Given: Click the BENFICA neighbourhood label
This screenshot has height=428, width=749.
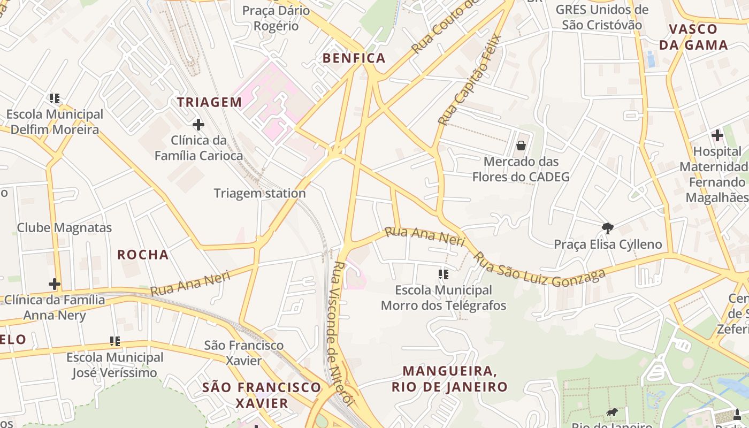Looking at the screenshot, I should click(x=354, y=58).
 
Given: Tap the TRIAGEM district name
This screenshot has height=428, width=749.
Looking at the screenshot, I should click(x=210, y=102).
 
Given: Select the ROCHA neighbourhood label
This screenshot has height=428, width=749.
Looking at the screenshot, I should click(x=143, y=255).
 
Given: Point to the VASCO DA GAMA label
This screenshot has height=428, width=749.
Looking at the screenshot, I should click(x=693, y=37).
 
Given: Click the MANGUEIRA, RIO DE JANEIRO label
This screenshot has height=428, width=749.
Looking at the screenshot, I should click(x=449, y=379).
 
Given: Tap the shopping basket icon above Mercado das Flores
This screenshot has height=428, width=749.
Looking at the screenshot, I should click(x=521, y=146).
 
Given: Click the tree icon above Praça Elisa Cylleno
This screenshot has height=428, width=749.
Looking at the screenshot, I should click(x=607, y=228).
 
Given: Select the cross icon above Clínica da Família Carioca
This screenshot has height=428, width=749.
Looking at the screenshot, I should click(x=198, y=125).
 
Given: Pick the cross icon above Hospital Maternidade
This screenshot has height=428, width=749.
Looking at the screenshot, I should click(x=717, y=136).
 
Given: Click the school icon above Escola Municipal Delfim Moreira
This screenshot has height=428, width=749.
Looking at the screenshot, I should click(x=55, y=98).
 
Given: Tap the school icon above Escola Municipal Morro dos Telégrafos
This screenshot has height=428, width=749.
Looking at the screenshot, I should click(x=443, y=274).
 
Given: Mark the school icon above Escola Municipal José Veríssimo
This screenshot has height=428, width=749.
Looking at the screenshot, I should click(x=114, y=341).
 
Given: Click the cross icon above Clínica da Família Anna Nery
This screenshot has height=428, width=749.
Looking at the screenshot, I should click(x=54, y=284).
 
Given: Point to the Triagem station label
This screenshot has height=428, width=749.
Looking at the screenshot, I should click(x=260, y=193).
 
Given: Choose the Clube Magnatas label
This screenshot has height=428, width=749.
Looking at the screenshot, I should click(x=64, y=227).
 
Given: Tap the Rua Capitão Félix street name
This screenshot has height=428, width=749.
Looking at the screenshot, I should click(x=469, y=80).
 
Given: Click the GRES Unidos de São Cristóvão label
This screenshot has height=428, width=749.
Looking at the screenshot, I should click(x=602, y=17).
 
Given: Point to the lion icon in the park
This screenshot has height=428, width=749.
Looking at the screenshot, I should click(x=612, y=412).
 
